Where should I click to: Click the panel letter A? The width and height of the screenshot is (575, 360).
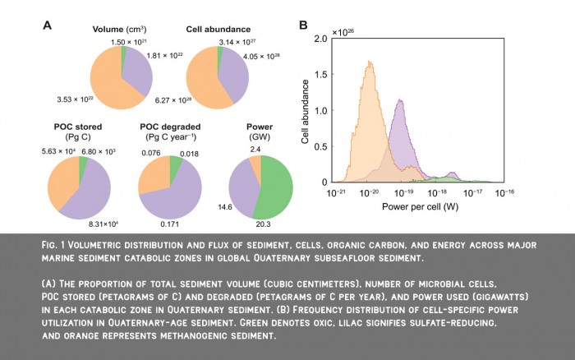pyautogui.click(x=48, y=25)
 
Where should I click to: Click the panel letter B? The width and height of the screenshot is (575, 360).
pyautogui.click(x=303, y=25)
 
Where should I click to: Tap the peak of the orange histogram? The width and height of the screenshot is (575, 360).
pyautogui.click(x=370, y=61)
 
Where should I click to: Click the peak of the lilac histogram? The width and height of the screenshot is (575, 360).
pyautogui.click(x=400, y=100)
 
